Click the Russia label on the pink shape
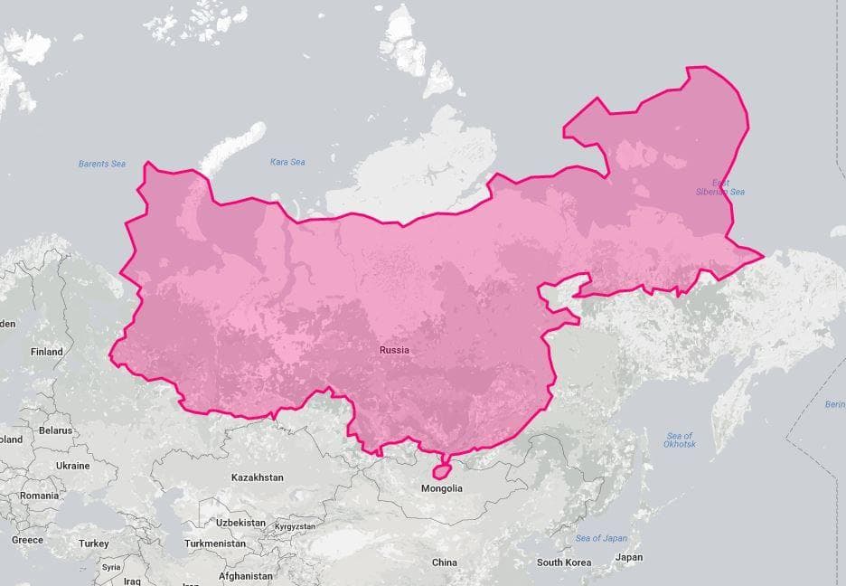pyautogui.click(x=394, y=350)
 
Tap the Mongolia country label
pyautogui.click(x=442, y=488)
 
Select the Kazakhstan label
pyautogui.click(x=257, y=477)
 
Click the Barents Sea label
pyautogui.click(x=101, y=164)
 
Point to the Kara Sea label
pyautogui.click(x=287, y=162)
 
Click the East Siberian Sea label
pyautogui.click(x=720, y=187)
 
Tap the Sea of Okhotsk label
pyautogui.click(x=679, y=439)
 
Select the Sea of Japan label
pyautogui.click(x=601, y=538)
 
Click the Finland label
pyautogui.click(x=46, y=352)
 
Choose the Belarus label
pyautogui.click(x=55, y=430)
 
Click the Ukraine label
pyautogui.click(x=72, y=466)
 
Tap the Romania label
pyautogui.click(x=39, y=496)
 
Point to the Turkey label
pyautogui.click(x=93, y=543)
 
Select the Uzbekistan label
pyautogui.click(x=240, y=523)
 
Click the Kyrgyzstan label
pyautogui.click(x=295, y=526)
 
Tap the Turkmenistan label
pyautogui.click(x=214, y=543)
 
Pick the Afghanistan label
pyautogui.click(x=245, y=576)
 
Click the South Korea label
pyautogui.click(x=564, y=562)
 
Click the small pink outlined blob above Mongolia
pyautogui.click(x=441, y=470)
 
